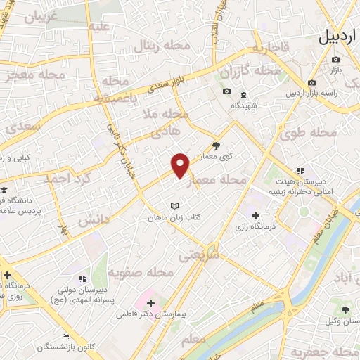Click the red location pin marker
(181, 165)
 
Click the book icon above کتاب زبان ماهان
(174, 206)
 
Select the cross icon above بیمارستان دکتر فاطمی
(151, 303)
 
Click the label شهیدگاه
(243, 105)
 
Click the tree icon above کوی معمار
(216, 146)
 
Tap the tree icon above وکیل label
(345, 309)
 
